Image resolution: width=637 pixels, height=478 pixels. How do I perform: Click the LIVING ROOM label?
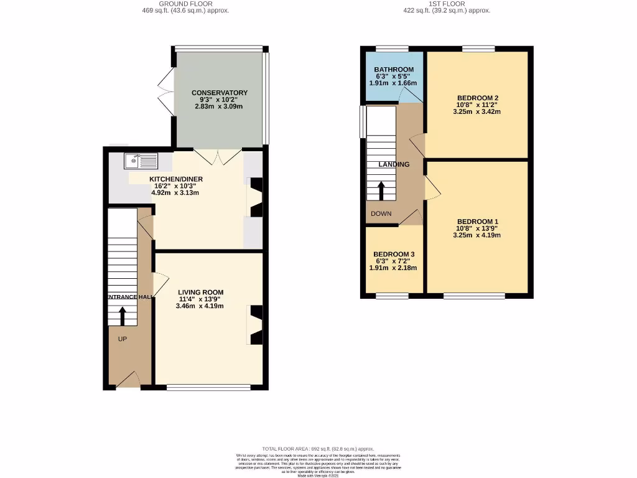(x=200, y=292)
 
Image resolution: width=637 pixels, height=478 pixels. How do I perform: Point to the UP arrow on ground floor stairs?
(x=122, y=317)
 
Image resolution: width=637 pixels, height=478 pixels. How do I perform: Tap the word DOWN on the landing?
(x=381, y=213)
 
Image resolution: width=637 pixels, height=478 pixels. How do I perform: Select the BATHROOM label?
(x=394, y=69)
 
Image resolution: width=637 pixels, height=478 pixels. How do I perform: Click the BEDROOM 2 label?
(x=478, y=98)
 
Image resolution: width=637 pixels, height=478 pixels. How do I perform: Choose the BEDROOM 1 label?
(x=478, y=222)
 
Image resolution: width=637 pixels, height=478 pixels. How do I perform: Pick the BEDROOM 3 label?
(x=394, y=255)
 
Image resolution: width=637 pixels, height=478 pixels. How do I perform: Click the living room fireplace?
(x=256, y=325)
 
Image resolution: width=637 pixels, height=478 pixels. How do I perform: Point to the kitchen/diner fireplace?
(x=256, y=197)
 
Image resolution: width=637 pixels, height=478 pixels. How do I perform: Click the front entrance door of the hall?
(x=128, y=380)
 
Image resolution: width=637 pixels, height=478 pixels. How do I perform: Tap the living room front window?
(x=208, y=388)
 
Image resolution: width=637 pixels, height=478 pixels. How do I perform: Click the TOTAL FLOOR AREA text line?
(x=318, y=448)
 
